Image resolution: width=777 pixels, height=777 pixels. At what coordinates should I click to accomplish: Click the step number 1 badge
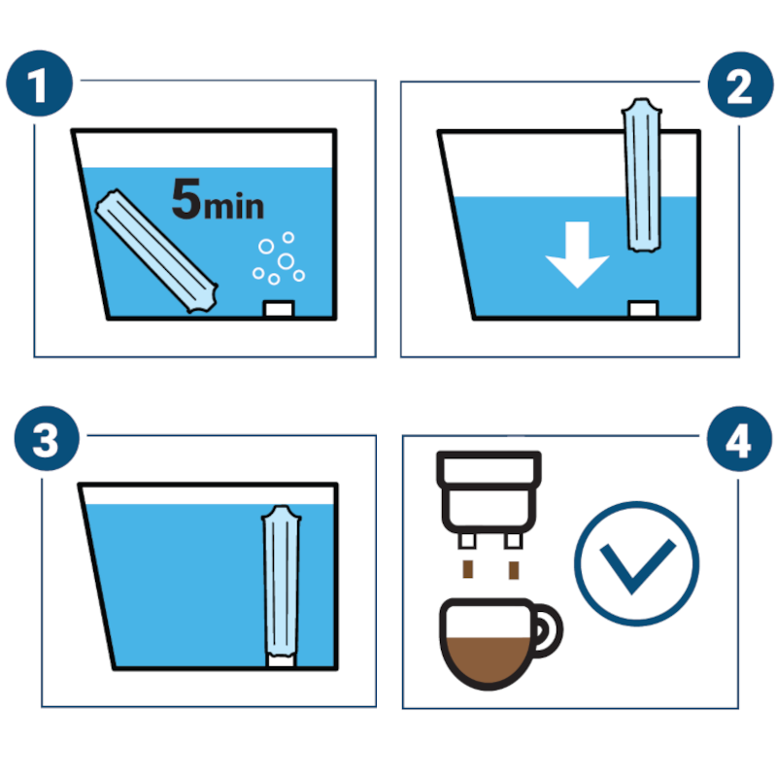39,84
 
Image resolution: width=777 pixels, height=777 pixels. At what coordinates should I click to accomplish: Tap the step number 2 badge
740,84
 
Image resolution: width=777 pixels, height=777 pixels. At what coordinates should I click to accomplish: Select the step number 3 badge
47,439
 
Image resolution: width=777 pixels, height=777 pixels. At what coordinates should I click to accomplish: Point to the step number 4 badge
739,439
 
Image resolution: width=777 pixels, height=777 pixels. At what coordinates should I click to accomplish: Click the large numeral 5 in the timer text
186,199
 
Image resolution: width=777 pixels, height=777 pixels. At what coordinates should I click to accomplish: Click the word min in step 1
234,206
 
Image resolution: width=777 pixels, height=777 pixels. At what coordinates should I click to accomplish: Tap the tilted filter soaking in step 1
156,251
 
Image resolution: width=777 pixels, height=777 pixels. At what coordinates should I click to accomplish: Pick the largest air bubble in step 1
286,260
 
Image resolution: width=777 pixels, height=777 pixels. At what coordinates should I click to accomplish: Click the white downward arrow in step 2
577,254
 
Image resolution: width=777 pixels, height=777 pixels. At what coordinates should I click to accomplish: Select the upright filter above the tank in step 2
642,175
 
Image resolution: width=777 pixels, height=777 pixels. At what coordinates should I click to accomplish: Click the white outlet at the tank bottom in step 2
643,308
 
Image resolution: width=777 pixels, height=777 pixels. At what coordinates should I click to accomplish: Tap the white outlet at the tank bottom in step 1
280,308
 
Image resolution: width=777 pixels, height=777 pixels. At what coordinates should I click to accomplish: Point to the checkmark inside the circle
637,566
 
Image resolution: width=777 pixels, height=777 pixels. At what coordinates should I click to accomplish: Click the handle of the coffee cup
547,630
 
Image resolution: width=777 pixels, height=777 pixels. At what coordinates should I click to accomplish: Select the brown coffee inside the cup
488,659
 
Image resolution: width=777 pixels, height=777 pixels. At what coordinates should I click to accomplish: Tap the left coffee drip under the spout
468,569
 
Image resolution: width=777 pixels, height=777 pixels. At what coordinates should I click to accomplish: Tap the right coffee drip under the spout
514,570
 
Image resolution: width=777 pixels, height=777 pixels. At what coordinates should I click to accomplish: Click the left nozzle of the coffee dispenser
467,540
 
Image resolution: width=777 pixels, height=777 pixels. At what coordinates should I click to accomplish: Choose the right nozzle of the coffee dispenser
514,540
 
